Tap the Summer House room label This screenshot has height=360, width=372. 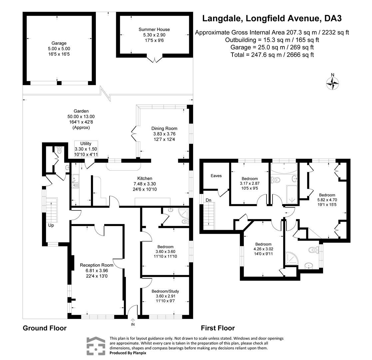coord(154,29)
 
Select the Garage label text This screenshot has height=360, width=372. coord(59,43)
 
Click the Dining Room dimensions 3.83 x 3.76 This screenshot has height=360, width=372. coord(164,134)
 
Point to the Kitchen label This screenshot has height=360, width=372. coord(145,178)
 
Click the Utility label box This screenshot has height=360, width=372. coord(86,149)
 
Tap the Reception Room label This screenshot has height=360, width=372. coord(97,265)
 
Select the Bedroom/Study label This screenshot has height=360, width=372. coord(166,291)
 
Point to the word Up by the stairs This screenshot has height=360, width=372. coord(51,225)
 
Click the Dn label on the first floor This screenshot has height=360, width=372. coord(208,200)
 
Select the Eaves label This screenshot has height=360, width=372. coord(216,176)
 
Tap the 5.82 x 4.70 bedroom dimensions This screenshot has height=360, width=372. coord(327,200)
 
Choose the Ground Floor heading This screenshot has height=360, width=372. coord(45,328)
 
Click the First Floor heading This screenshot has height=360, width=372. coord(218,328)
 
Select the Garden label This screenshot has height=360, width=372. coord(81,111)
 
